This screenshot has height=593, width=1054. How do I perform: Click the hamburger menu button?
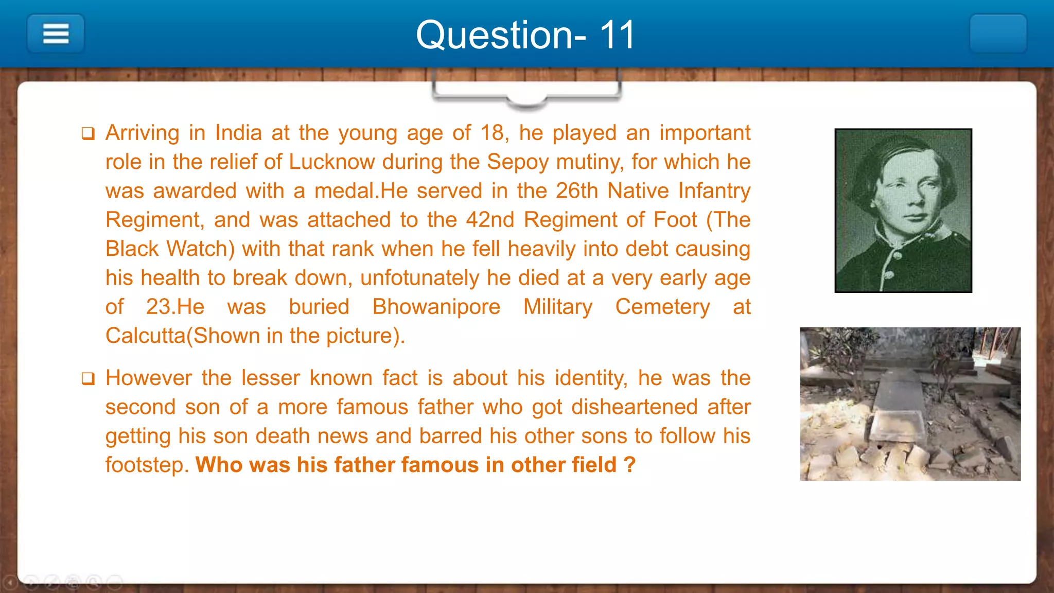[56, 34]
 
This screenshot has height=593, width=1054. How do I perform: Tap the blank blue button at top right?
[998, 34]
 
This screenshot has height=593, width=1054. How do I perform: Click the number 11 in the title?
[617, 35]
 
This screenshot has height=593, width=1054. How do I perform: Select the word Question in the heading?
[494, 35]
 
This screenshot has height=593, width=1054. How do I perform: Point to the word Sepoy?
[517, 162]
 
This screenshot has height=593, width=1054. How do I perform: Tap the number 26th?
[576, 191]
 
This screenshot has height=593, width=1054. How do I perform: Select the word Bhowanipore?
[436, 307]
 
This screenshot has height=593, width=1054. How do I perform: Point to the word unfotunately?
[419, 278]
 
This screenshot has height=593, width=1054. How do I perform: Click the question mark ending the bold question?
[629, 465]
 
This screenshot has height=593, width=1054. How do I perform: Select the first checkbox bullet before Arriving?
[88, 134]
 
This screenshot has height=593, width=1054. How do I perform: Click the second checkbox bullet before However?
[88, 379]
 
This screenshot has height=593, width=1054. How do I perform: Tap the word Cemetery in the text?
[662, 307]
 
